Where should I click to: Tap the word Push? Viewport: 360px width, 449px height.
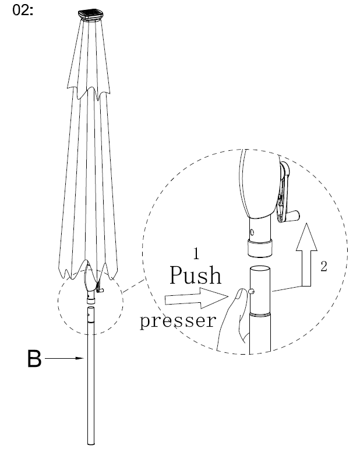coord(196,275)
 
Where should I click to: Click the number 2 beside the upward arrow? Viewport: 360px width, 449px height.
coord(323,267)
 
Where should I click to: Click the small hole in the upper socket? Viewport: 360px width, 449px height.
coord(252,234)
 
